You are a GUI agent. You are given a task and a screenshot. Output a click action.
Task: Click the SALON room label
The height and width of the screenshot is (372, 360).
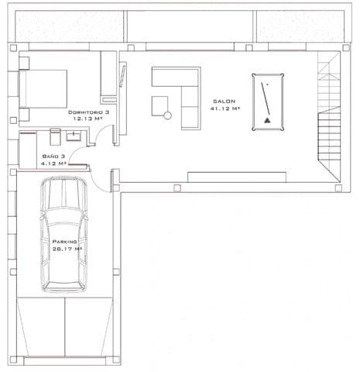(x=225, y=101)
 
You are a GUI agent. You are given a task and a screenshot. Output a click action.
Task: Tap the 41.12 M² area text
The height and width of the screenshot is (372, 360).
(x=225, y=109)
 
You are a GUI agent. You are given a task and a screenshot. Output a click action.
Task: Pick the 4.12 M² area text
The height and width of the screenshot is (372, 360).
(x=53, y=164)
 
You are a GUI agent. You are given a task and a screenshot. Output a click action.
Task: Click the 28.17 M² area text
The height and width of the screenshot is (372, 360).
(x=67, y=250)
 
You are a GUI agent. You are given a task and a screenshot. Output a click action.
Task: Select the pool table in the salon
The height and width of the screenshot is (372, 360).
(x=268, y=99)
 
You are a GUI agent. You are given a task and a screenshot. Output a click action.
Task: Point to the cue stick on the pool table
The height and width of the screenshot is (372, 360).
(x=268, y=97)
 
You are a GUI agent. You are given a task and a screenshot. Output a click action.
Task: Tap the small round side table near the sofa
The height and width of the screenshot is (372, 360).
(x=167, y=115)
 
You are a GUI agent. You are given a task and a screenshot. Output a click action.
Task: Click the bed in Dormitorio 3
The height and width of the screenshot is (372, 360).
(x=43, y=88)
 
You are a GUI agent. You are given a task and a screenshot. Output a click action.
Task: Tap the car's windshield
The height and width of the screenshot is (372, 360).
(x=63, y=219)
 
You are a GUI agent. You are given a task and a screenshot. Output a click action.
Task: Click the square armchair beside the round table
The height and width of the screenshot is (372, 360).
(x=159, y=103)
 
